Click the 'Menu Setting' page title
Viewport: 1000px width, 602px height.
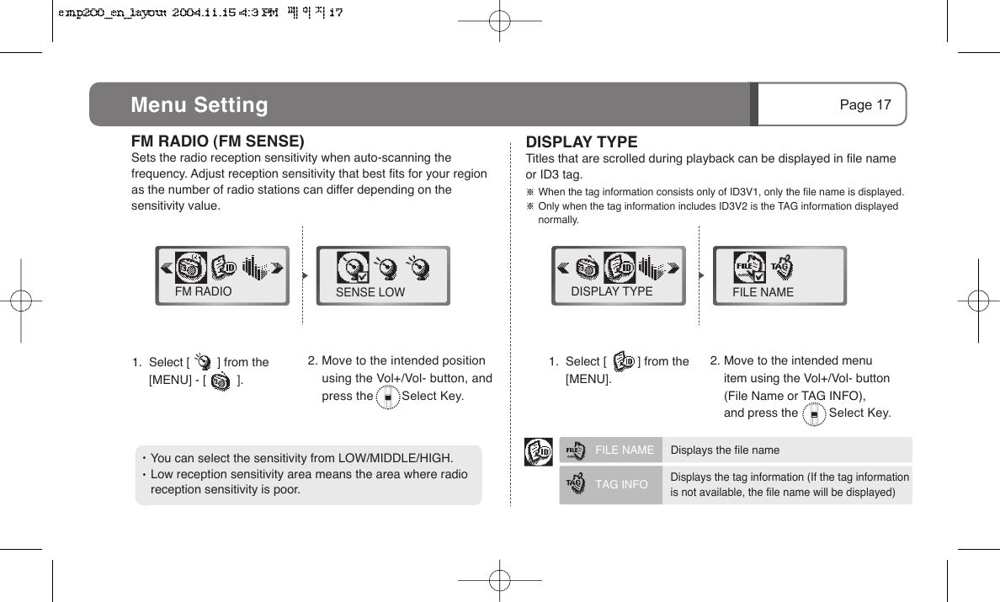pyautogui.click(x=199, y=105)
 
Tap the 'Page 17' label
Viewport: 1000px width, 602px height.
pyautogui.click(x=864, y=105)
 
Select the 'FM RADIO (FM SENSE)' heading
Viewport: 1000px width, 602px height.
pyautogui.click(x=217, y=141)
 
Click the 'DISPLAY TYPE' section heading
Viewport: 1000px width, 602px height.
pyautogui.click(x=582, y=141)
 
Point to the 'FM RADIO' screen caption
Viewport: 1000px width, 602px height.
pyautogui.click(x=203, y=291)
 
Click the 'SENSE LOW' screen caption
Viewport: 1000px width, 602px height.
pyautogui.click(x=370, y=292)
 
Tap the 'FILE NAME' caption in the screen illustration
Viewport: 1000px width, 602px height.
pyautogui.click(x=763, y=292)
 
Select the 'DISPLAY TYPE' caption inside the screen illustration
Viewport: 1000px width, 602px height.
pyautogui.click(x=612, y=291)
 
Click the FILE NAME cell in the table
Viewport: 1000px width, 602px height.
pyautogui.click(x=624, y=450)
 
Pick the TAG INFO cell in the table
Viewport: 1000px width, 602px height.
pyautogui.click(x=621, y=485)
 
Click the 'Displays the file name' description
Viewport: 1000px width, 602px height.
pyautogui.click(x=725, y=450)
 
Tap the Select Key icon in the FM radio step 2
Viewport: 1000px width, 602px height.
pyautogui.click(x=387, y=397)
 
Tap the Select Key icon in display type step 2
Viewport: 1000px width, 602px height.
pyautogui.click(x=814, y=413)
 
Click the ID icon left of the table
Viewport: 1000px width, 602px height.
pyautogui.click(x=538, y=452)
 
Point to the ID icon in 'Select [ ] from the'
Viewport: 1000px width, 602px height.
pyautogui.click(x=624, y=362)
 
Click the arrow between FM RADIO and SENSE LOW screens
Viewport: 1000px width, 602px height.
pyautogui.click(x=303, y=274)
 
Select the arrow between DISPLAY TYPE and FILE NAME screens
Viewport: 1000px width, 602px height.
pyautogui.click(x=700, y=274)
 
